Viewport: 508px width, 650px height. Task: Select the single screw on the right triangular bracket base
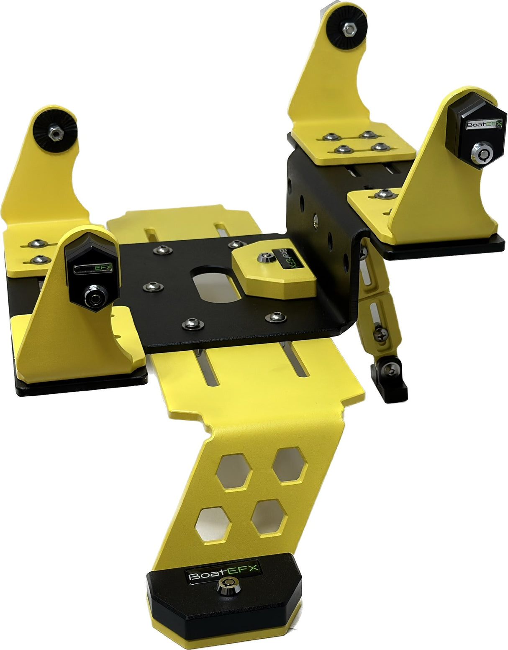point(381,193)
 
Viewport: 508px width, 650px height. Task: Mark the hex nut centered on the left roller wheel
point(54,133)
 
